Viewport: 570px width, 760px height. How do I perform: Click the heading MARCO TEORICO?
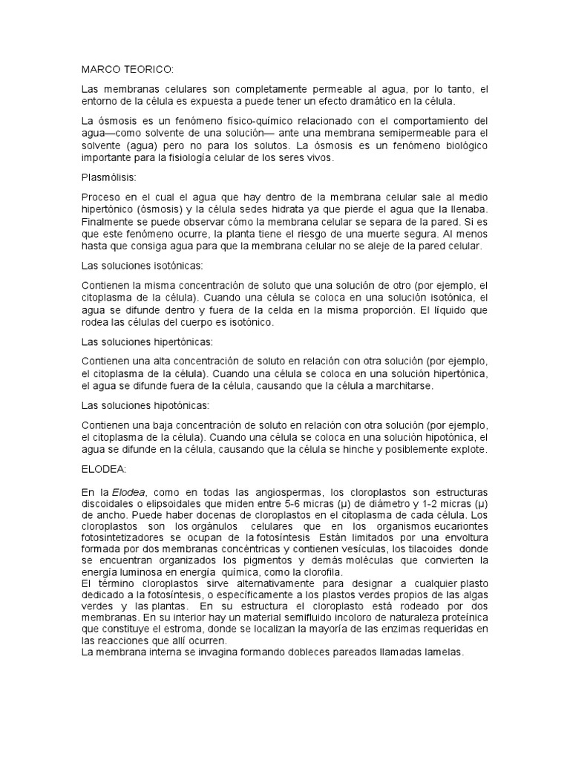point(127,70)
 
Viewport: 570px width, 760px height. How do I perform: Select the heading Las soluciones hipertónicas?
point(145,341)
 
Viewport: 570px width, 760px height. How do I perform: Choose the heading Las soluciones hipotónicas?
point(143,405)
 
